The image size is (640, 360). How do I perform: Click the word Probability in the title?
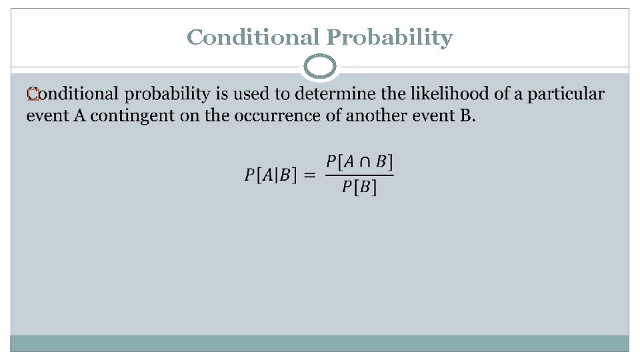pyautogui.click(x=389, y=38)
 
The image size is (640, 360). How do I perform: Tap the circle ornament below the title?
pyautogui.click(x=321, y=67)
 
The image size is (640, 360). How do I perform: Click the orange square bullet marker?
pyautogui.click(x=31, y=96)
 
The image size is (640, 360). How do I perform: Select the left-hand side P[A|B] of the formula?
pyautogui.click(x=269, y=175)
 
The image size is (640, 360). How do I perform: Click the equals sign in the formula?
pyautogui.click(x=309, y=175)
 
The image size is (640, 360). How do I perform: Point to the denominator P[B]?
pyautogui.click(x=359, y=187)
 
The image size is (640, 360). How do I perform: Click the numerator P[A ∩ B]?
pyautogui.click(x=359, y=162)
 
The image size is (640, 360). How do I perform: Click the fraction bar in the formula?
pyautogui.click(x=359, y=175)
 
